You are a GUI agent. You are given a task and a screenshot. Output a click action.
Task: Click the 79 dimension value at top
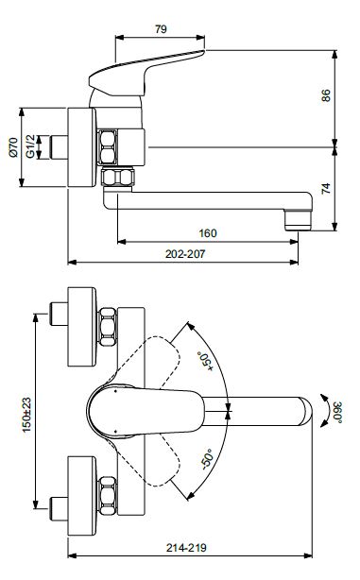(x=161, y=29)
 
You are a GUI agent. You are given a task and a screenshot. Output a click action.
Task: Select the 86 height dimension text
(x=326, y=95)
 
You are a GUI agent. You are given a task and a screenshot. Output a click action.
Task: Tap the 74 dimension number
(x=326, y=188)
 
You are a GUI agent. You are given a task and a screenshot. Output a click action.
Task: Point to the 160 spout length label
(x=208, y=233)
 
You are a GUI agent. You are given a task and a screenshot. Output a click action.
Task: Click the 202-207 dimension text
(x=185, y=254)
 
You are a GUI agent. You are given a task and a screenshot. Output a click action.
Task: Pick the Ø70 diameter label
(x=13, y=146)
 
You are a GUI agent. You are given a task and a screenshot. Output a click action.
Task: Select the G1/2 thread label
(x=31, y=146)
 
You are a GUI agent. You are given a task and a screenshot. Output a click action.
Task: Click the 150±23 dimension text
(x=26, y=415)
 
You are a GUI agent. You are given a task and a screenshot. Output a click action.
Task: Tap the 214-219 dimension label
(x=186, y=548)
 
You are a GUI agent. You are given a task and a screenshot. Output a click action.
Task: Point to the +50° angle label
(x=206, y=361)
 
